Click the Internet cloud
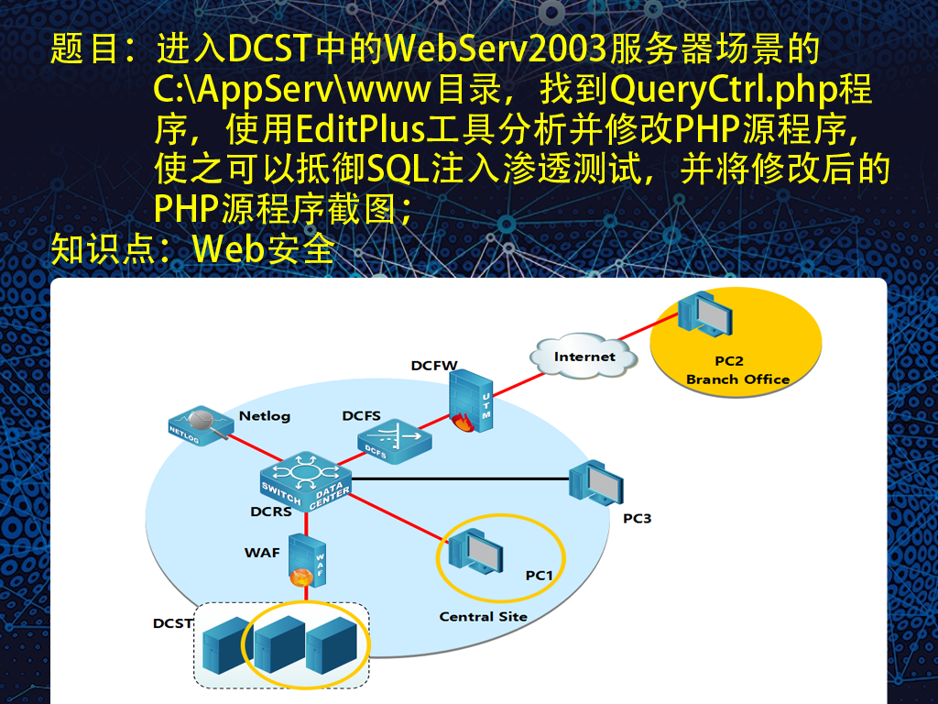point(584,357)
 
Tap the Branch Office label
point(737,379)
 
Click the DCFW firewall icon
point(471,401)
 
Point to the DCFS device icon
point(394,442)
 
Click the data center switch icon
point(306,481)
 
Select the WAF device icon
point(307,560)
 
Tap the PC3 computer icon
point(595,482)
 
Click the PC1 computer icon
point(475,551)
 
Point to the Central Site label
point(484,617)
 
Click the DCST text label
point(172,623)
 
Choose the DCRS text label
point(271,511)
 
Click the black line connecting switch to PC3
point(460,478)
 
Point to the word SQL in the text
point(398,169)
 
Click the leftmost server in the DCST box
point(227,645)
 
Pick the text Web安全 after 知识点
point(263,248)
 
